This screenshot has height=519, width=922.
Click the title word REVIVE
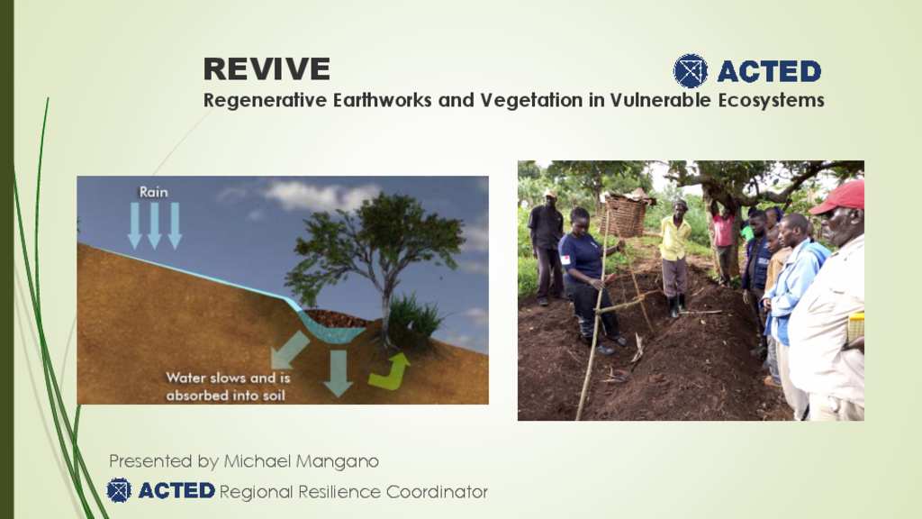(267, 68)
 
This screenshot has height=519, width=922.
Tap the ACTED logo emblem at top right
(691, 70)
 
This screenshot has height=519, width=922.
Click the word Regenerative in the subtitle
(266, 101)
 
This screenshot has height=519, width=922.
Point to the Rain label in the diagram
(153, 192)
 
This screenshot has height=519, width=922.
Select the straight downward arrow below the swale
(339, 373)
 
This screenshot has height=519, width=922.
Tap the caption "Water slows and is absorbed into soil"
(228, 387)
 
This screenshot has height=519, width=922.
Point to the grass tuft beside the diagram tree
(414, 320)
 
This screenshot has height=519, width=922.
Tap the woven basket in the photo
(625, 215)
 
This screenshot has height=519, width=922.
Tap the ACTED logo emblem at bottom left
(119, 490)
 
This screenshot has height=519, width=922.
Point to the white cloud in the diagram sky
(318, 196)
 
